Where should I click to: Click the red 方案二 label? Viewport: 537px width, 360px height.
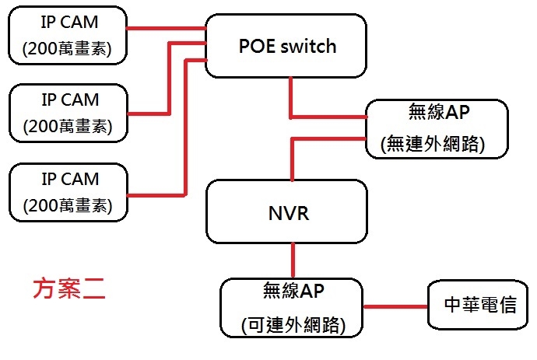pos(69,289)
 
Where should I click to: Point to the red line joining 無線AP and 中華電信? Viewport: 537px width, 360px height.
pos(395,306)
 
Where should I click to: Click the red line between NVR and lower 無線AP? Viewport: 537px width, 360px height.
pos(293,260)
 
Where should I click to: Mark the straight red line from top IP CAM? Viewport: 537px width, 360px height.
pos(166,29)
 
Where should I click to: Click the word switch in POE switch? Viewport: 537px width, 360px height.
pos(308,46)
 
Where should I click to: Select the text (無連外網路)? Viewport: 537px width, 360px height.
pos(433,144)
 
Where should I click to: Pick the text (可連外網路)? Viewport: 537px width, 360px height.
pos(293,325)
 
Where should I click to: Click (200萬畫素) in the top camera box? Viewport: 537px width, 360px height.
pos(67,48)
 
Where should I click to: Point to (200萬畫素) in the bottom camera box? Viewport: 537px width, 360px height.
pos(68,205)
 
